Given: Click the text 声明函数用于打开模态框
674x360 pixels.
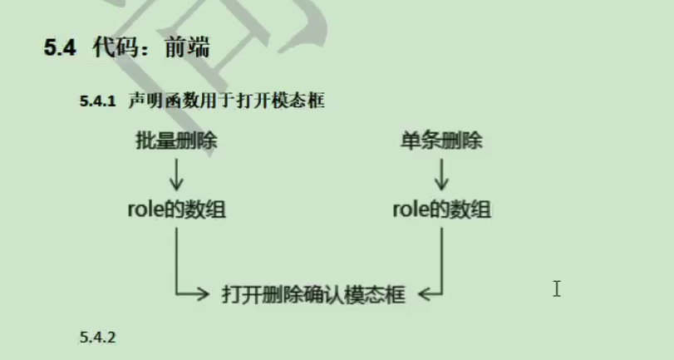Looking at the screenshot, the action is point(226,101).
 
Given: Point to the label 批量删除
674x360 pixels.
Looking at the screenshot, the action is point(176,141).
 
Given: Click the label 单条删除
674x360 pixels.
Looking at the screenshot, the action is point(440,141).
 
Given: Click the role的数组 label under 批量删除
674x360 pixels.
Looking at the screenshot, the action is point(176,210).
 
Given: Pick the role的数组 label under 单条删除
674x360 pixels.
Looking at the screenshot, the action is point(441,210).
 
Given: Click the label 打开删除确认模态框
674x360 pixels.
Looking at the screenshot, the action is point(313,294).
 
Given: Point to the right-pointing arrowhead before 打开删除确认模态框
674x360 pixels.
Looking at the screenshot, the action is point(200,293).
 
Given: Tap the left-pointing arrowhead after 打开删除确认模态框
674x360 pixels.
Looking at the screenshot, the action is point(426,293).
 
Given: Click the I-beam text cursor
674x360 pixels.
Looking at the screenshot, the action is point(556,288).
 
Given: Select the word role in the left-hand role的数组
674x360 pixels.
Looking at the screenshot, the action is point(145,210).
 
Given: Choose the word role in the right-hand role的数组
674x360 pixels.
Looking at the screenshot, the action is point(411,210).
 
